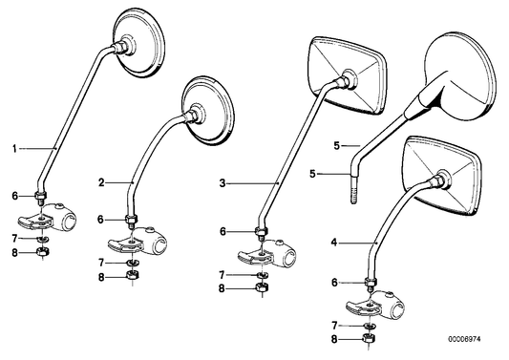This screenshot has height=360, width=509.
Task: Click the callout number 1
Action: (x=14, y=149)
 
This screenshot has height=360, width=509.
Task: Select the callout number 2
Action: (x=101, y=182)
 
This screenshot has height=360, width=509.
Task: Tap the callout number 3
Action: (x=223, y=183)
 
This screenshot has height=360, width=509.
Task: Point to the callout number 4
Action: (x=334, y=243)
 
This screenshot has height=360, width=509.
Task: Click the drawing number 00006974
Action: (x=464, y=339)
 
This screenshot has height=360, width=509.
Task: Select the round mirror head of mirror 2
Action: (x=208, y=111)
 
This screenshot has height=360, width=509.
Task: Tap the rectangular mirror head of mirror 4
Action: (x=441, y=176)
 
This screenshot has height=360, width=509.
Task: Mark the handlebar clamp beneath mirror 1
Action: (x=48, y=217)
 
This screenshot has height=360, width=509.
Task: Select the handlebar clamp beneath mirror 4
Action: (x=376, y=306)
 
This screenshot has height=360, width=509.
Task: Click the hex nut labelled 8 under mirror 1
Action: (x=43, y=251)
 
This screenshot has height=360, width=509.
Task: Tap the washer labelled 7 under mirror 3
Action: (x=262, y=275)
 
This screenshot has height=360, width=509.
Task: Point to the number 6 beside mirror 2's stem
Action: (x=101, y=220)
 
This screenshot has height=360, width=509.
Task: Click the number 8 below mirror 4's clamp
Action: (x=334, y=340)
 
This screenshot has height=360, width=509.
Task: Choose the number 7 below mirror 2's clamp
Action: (x=101, y=263)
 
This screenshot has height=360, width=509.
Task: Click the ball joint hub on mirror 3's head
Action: (x=349, y=78)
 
